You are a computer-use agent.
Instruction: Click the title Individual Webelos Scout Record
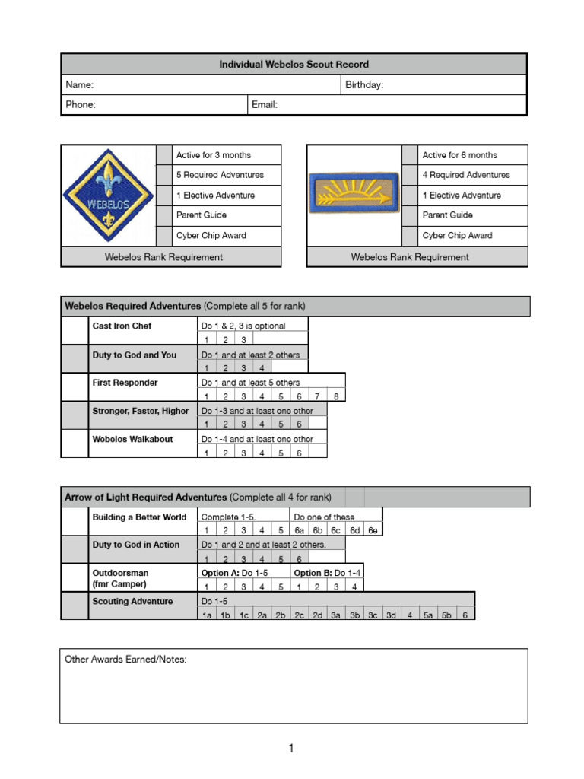coord(294,65)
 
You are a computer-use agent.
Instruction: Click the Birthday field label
coord(364,85)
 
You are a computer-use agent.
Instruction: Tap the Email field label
coord(265,105)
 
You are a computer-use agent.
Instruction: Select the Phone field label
coord(81,105)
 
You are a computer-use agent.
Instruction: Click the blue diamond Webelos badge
coord(107,195)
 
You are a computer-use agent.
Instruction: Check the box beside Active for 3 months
coord(164,155)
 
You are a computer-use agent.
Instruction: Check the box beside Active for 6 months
coord(410,155)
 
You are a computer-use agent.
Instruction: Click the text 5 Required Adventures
coord(220,175)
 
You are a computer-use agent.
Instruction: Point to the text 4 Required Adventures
coord(466,175)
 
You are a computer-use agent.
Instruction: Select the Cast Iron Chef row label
coord(122,326)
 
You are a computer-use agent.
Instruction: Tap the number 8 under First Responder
coord(336,396)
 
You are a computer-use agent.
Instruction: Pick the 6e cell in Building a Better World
coord(373,531)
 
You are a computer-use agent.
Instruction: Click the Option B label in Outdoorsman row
coord(313,573)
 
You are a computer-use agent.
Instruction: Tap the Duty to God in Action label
coord(136,544)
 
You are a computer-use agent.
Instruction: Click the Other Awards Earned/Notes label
coord(125,660)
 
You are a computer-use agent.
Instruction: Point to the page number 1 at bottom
coord(290,749)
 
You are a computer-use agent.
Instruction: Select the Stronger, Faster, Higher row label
coord(140,411)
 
